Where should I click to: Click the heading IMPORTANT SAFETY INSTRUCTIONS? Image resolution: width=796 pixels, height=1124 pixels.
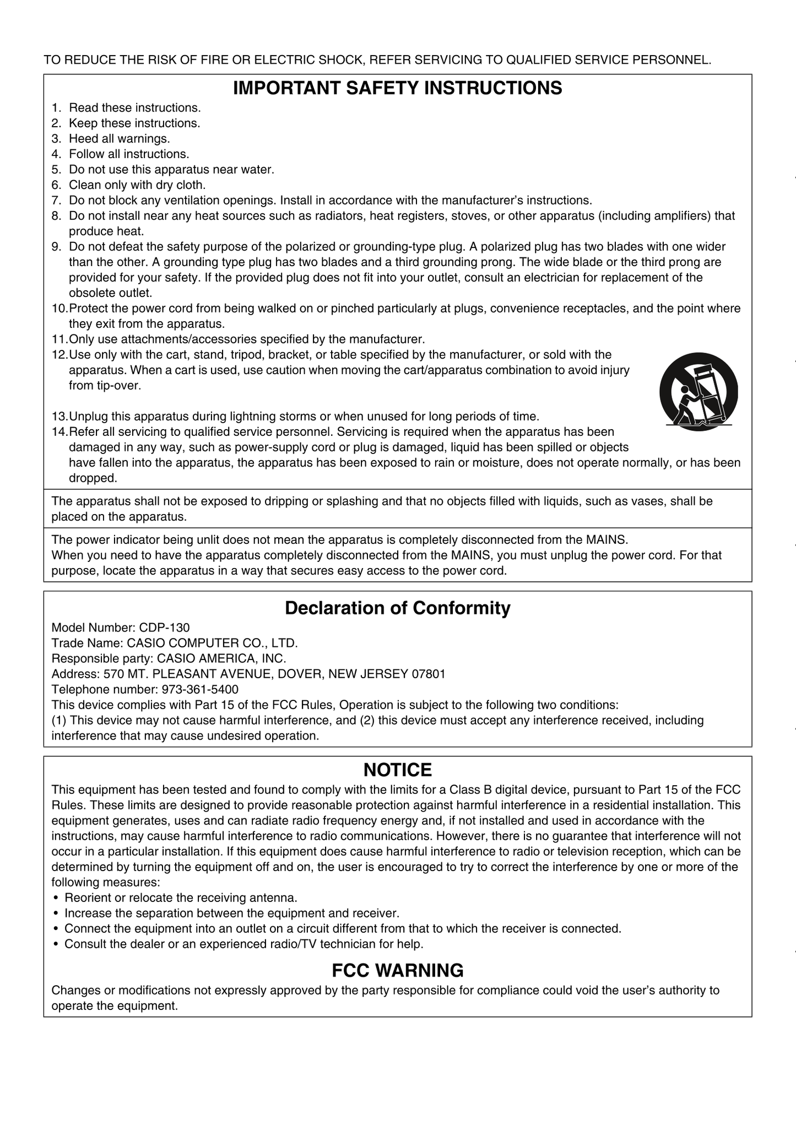tap(397, 88)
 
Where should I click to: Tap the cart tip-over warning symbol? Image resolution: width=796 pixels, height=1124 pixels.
tap(698, 392)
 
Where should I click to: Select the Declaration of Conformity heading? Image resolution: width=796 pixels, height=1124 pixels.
tap(397, 608)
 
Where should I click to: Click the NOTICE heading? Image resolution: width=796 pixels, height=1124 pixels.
tap(397, 770)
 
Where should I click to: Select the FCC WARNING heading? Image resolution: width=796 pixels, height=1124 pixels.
tap(397, 970)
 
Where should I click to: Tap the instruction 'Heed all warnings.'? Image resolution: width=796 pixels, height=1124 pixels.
tap(119, 139)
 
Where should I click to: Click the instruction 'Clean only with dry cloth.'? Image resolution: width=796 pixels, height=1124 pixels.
tap(137, 185)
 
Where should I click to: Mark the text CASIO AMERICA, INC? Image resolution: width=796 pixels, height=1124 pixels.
tap(221, 658)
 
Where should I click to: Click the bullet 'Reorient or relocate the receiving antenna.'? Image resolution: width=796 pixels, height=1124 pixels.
tap(181, 898)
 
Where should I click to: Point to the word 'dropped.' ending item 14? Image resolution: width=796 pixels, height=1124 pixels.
tap(93, 478)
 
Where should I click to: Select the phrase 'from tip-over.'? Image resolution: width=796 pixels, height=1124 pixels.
tap(105, 386)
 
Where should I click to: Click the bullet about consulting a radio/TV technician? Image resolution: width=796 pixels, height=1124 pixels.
tap(243, 944)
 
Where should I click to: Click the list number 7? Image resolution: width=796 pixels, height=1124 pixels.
tap(56, 201)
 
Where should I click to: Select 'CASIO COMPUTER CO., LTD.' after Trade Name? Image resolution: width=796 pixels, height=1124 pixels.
tap(213, 643)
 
